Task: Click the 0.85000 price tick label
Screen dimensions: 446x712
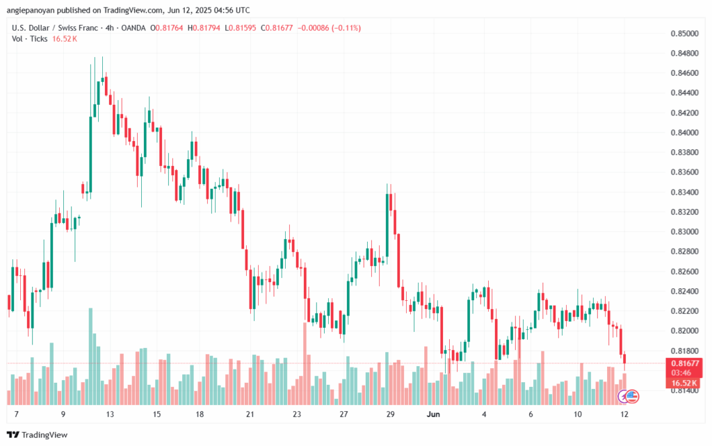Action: click(x=683, y=33)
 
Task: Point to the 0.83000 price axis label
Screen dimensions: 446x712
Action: click(x=683, y=231)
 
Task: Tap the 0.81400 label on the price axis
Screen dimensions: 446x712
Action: click(x=683, y=390)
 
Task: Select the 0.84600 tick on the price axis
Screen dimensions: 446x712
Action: click(x=683, y=73)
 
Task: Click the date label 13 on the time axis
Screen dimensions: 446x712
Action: click(x=110, y=414)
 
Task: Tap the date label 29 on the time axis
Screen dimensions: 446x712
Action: click(x=390, y=414)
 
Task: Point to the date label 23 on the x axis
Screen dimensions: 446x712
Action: click(x=298, y=414)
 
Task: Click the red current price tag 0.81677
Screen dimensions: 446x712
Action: click(x=684, y=363)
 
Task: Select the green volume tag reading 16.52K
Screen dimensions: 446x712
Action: click(x=684, y=383)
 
